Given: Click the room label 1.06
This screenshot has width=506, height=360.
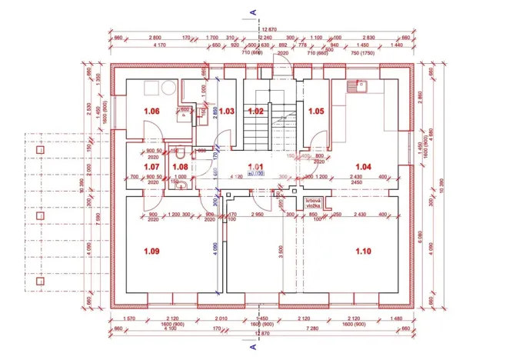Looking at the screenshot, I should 151,112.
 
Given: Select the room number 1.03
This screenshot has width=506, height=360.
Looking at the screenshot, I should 226,112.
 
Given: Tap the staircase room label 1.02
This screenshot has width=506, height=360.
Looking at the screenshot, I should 256,112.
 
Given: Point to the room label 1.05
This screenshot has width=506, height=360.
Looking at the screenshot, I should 316,112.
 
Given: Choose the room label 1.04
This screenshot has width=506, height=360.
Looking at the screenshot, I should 362,166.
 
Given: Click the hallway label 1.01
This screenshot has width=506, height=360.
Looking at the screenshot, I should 255,166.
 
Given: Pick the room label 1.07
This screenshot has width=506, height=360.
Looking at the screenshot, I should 151,166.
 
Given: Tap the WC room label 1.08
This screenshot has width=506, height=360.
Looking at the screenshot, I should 180,166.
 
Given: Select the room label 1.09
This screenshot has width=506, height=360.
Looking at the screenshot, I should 151,250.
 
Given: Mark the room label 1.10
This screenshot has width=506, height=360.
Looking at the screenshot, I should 362,250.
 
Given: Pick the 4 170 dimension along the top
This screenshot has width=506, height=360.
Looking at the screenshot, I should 161,45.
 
